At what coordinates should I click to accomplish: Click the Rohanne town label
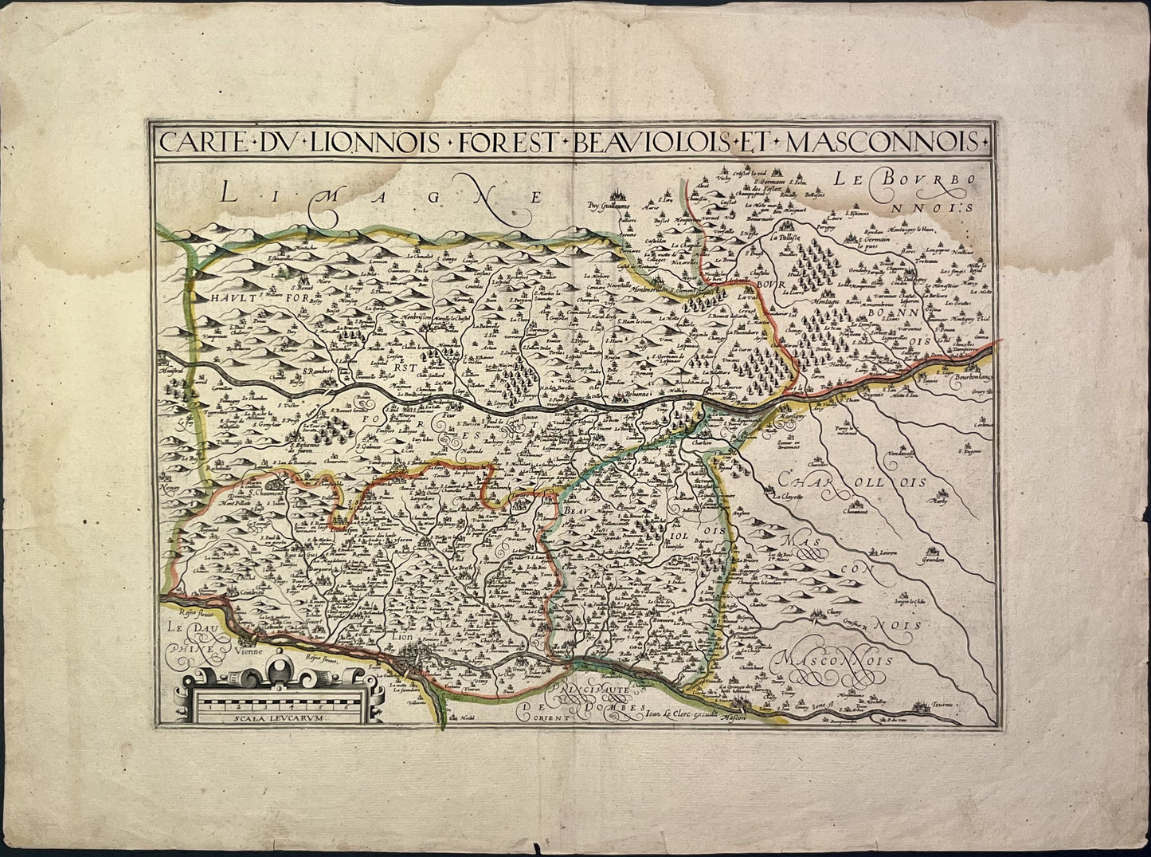point(637,395)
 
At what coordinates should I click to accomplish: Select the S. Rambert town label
point(316,371)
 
